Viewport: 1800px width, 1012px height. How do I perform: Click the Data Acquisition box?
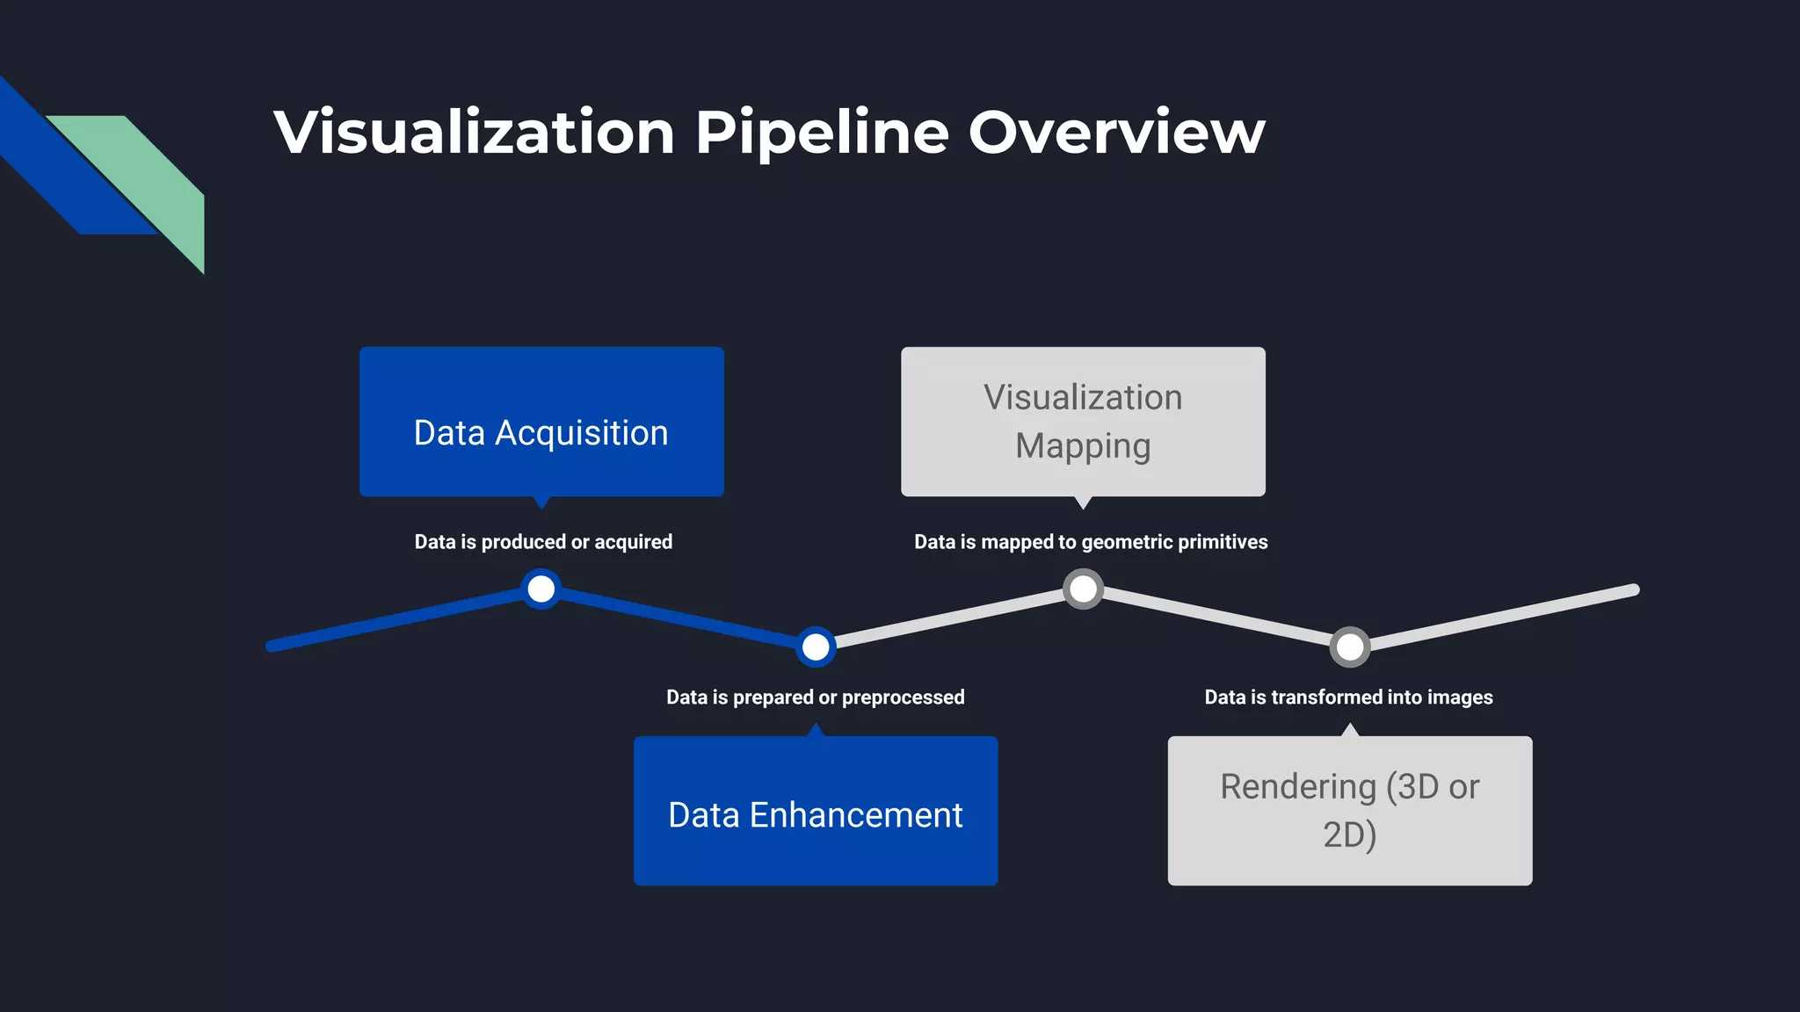(541, 422)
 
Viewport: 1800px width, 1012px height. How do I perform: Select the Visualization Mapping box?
(1083, 422)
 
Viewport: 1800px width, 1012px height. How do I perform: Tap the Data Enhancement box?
(816, 811)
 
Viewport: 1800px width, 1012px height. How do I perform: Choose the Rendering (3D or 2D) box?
(1349, 811)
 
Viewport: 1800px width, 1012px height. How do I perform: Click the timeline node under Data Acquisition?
(541, 589)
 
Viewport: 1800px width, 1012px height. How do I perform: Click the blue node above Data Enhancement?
(816, 647)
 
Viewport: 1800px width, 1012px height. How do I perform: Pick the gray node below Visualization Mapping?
(1083, 589)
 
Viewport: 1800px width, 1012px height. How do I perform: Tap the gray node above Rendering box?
(1349, 647)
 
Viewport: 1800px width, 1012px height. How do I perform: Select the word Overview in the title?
(1116, 132)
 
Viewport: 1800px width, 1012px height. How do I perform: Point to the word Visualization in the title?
(475, 132)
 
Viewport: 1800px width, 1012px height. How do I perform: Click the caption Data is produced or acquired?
(543, 542)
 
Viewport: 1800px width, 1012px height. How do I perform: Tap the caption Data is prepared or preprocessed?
(816, 698)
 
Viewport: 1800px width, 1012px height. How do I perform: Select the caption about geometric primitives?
(1091, 542)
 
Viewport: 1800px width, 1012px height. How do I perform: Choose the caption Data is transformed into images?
(1348, 698)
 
